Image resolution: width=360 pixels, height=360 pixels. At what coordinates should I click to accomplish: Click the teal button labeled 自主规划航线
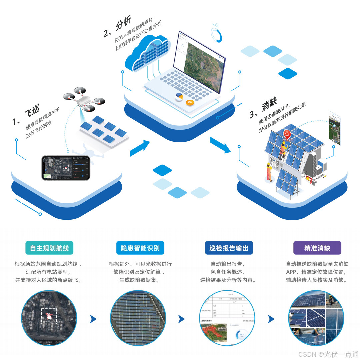[x=49, y=248]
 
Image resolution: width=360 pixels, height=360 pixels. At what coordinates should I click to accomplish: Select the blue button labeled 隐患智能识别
[x=140, y=248]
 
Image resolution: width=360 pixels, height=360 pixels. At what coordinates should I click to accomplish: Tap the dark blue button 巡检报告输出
[x=229, y=248]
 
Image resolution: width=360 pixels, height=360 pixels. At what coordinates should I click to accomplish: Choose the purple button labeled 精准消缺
[x=317, y=248]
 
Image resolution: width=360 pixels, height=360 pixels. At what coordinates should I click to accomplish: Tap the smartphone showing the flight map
[x=66, y=168]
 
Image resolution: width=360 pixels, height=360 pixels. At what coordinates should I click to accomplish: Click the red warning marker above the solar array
[x=287, y=134]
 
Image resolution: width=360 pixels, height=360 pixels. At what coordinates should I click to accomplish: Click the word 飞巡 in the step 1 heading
[x=32, y=113]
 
